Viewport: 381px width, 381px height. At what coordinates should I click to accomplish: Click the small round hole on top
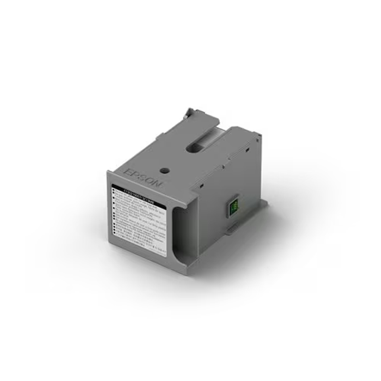pyautogui.click(x=164, y=170)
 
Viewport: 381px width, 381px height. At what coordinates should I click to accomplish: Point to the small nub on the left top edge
pyautogui.click(x=162, y=135)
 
